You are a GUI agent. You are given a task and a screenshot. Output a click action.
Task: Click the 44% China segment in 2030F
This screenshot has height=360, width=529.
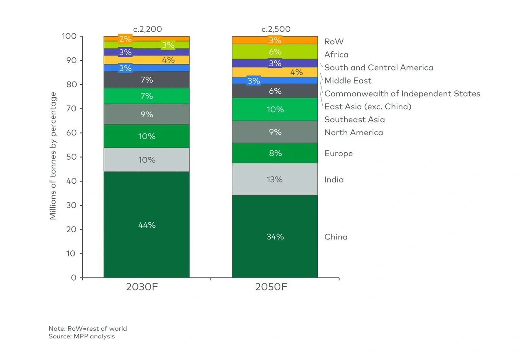point(146,225)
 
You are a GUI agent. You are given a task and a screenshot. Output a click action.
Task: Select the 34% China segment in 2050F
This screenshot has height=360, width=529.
point(275,237)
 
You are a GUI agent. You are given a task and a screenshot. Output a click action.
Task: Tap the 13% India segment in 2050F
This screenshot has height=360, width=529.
point(275,179)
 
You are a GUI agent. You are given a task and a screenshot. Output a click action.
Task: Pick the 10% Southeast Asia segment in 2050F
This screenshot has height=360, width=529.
point(275,110)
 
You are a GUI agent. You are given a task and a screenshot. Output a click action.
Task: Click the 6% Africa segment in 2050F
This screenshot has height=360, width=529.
point(275,52)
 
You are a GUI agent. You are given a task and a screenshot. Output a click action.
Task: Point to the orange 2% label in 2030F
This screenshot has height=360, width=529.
point(125,39)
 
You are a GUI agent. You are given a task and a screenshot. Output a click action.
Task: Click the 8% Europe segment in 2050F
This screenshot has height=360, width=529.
point(275,153)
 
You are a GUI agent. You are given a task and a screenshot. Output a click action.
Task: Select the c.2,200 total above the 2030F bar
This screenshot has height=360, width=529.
point(147,29)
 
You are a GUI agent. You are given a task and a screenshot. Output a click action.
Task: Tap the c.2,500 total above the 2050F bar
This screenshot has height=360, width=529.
point(275,29)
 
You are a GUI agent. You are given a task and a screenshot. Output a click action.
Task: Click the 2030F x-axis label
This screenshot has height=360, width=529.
point(142,286)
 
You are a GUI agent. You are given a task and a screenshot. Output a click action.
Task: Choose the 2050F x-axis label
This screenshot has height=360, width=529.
point(271,286)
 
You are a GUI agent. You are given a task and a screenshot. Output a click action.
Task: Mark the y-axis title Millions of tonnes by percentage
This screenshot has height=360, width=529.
point(53,156)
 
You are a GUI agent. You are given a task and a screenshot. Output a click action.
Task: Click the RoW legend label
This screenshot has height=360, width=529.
point(334,41)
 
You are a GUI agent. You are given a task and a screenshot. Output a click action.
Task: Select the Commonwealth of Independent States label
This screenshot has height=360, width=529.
point(402,94)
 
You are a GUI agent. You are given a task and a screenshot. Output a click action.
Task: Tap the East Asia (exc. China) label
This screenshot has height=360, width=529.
point(367,107)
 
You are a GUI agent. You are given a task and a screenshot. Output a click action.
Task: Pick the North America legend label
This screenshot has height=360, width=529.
point(353,132)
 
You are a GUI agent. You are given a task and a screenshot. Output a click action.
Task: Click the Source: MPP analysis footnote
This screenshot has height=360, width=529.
point(81,336)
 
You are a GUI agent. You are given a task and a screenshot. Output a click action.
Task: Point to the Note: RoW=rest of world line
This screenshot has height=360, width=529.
point(87,328)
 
